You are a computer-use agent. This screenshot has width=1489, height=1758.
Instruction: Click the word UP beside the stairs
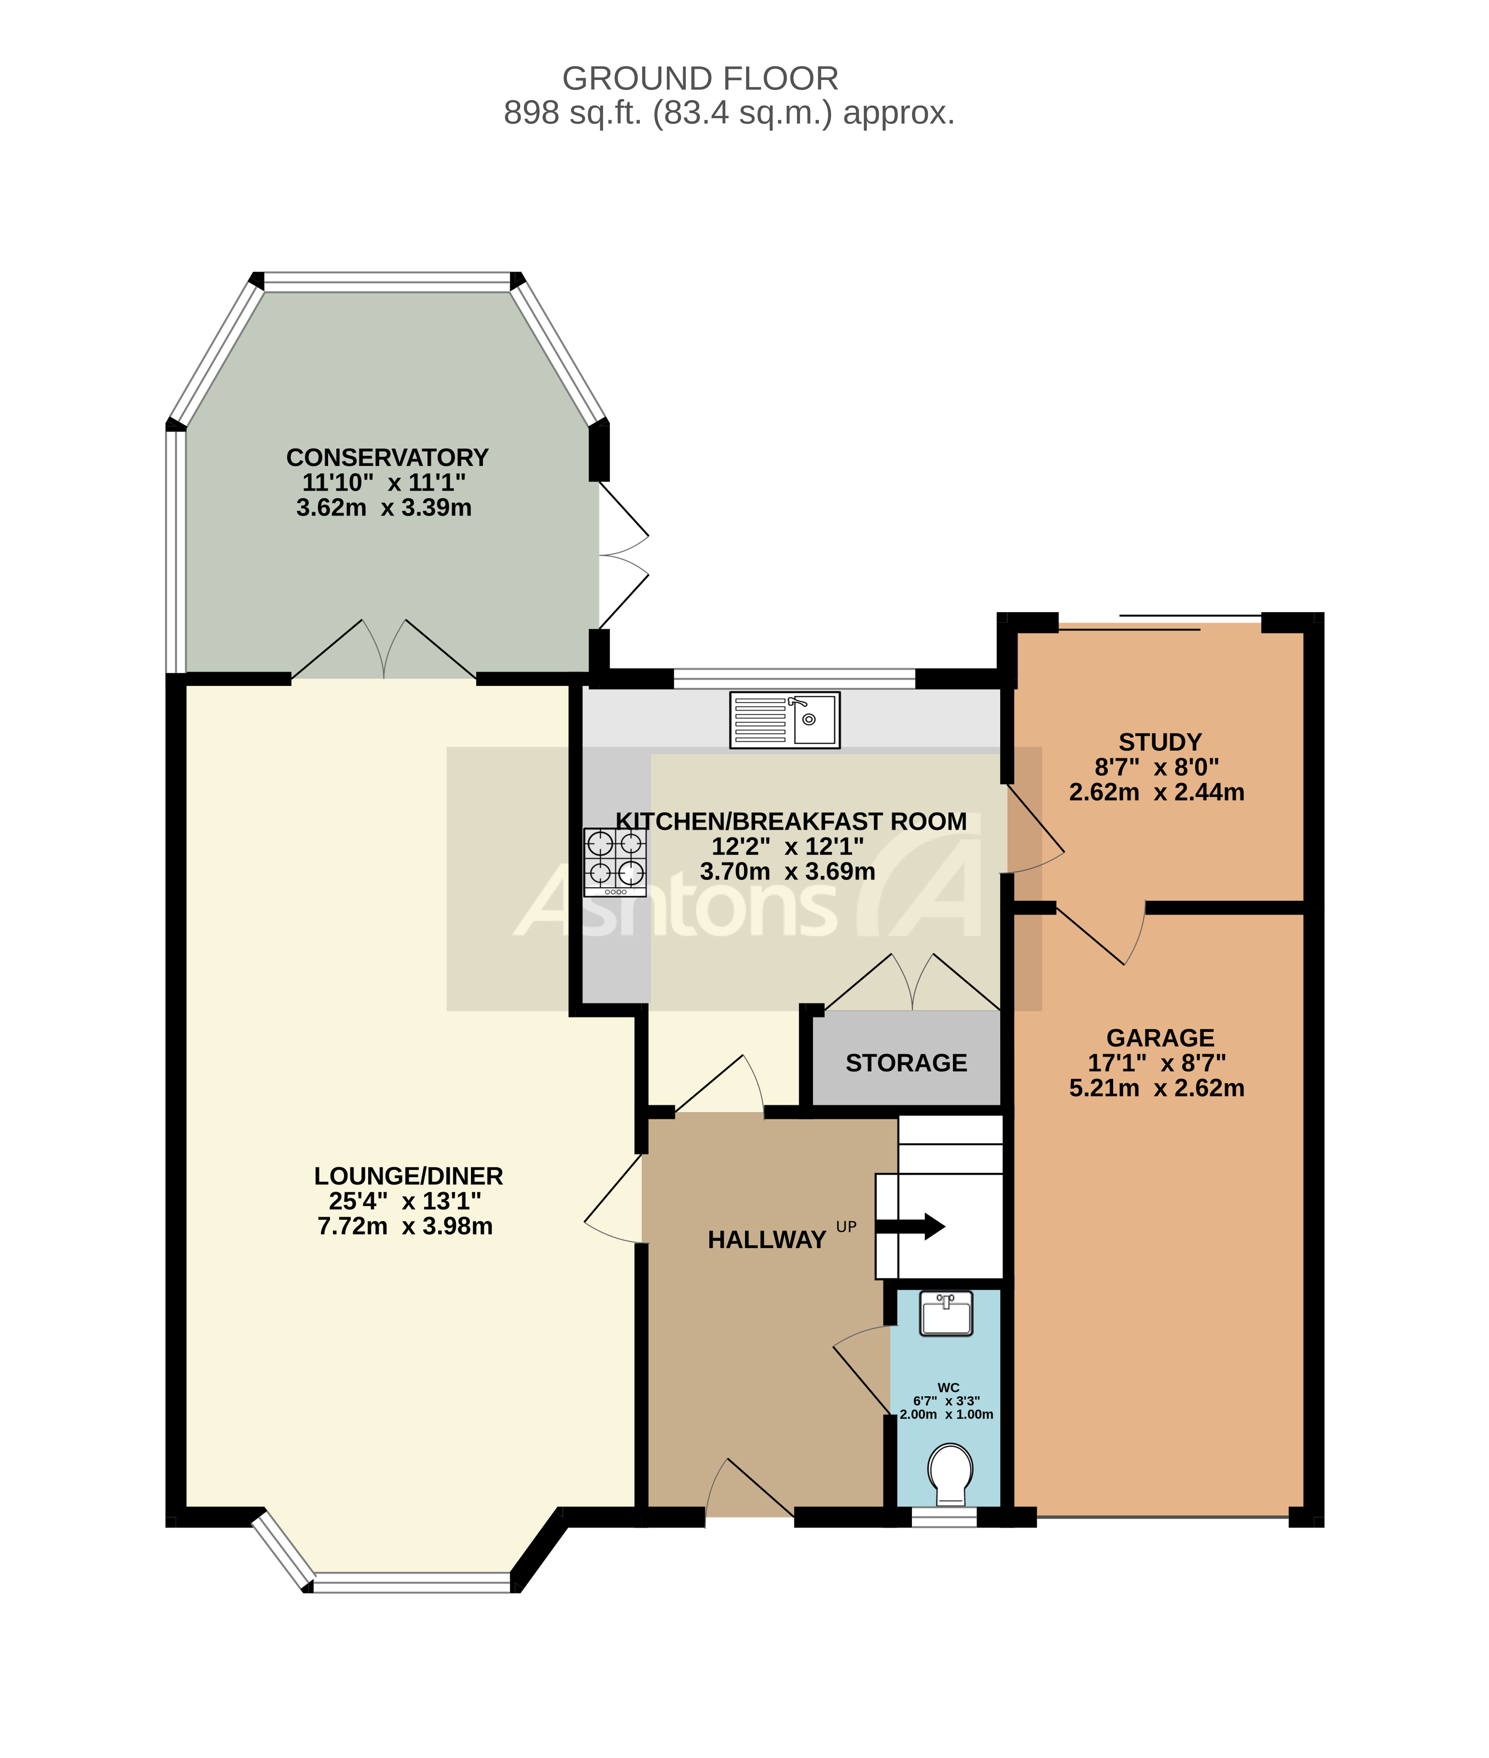(x=846, y=1227)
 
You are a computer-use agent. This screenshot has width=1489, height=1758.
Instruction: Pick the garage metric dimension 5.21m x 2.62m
(x=1156, y=1088)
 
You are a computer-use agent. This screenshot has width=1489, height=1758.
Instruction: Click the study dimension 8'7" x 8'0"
(x=1156, y=767)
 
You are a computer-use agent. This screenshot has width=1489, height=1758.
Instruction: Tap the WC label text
(x=948, y=1388)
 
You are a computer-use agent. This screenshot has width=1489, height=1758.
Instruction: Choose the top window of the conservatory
(x=387, y=282)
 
